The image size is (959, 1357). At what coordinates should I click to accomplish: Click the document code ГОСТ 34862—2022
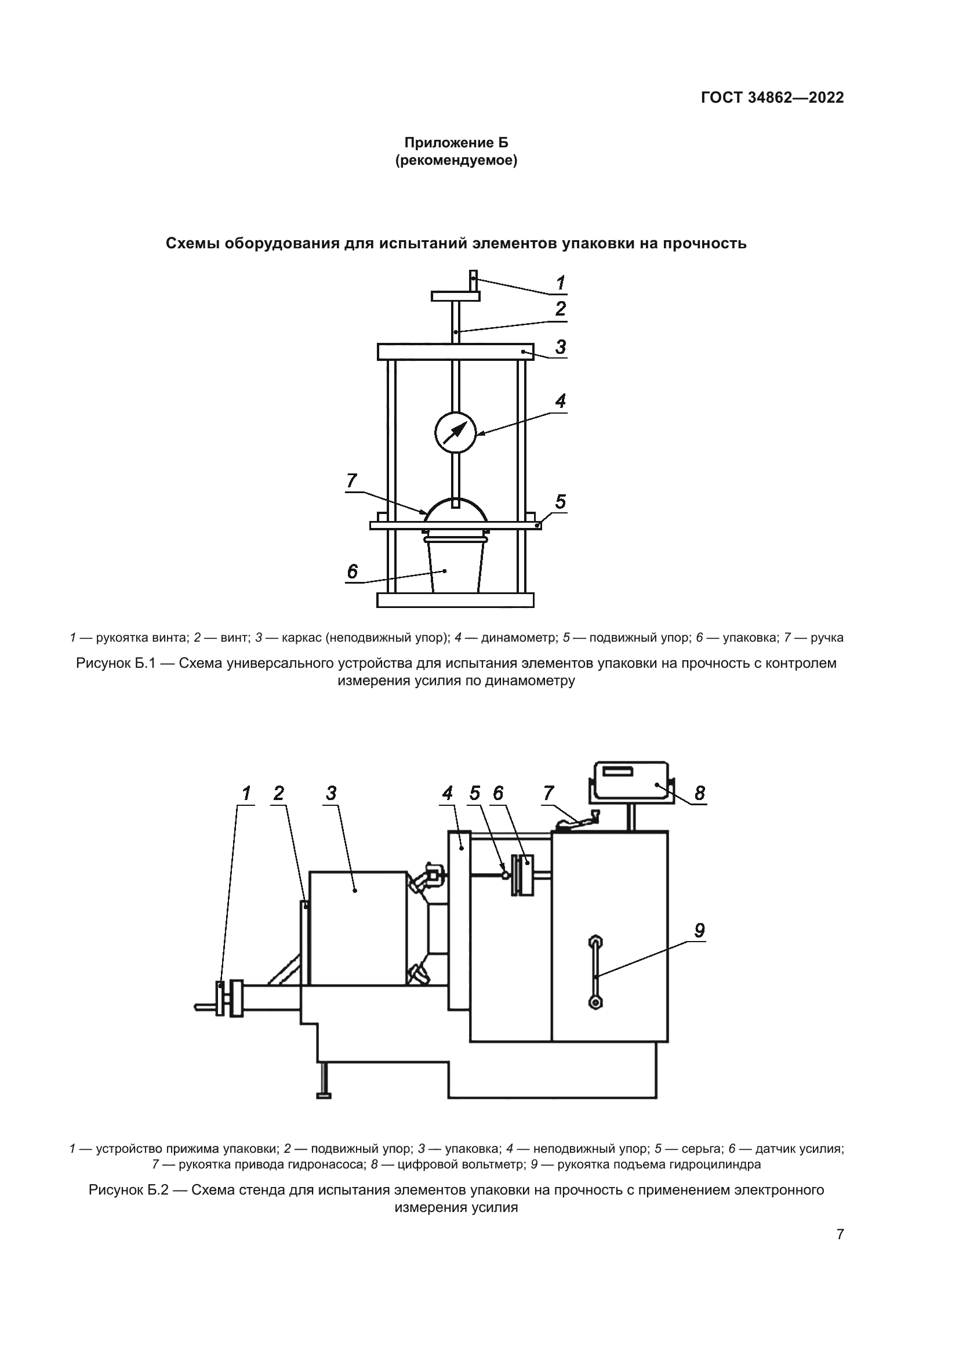pyautogui.click(x=772, y=97)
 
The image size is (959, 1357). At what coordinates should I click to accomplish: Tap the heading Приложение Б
pyautogui.click(x=456, y=143)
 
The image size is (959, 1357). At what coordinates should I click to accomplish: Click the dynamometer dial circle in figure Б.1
pyautogui.click(x=455, y=432)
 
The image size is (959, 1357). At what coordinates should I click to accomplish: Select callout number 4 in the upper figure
pyautogui.click(x=561, y=401)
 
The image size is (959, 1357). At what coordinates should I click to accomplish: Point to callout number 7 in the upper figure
pyautogui.click(x=352, y=480)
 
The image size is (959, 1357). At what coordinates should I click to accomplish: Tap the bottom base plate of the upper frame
pyautogui.click(x=455, y=600)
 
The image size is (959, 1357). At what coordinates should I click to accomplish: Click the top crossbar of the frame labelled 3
pyautogui.click(x=455, y=352)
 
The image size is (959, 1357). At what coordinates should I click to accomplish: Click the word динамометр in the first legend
pyautogui.click(x=519, y=638)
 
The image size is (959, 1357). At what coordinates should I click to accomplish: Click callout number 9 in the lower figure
pyautogui.click(x=699, y=931)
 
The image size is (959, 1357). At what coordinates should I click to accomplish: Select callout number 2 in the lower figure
pyautogui.click(x=279, y=793)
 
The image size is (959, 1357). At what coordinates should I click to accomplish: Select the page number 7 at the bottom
pyautogui.click(x=840, y=1234)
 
